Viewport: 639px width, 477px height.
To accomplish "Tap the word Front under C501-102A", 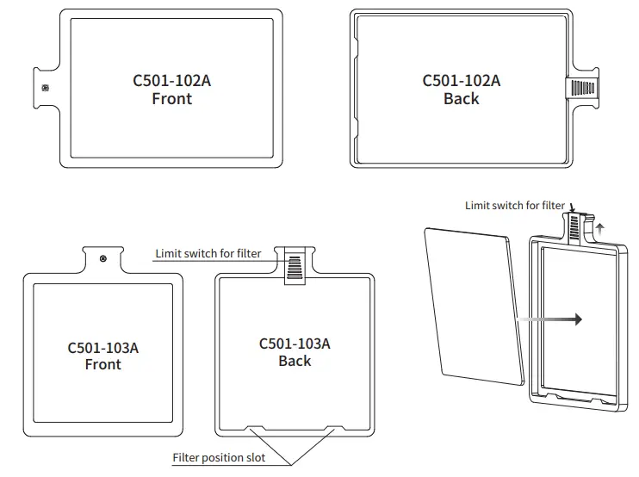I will [x=172, y=99].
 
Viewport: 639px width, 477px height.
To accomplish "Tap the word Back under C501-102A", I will [x=461, y=99].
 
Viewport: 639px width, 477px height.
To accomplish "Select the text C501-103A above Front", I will [x=103, y=348].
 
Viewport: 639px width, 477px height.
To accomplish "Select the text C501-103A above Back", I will [x=295, y=343].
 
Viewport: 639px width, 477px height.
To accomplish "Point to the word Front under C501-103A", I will [x=103, y=365].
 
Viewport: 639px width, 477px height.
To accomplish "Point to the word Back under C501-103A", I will [x=295, y=361].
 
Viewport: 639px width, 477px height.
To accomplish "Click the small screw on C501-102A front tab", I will [x=46, y=88].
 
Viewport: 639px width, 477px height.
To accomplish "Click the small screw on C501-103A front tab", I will [x=103, y=259].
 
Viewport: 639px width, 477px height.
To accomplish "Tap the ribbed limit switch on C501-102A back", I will [x=582, y=88].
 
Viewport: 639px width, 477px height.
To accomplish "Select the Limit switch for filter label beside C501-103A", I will [x=208, y=254].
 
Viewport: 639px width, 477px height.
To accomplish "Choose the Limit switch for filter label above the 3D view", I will [x=514, y=205].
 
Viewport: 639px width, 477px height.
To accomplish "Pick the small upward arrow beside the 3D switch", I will [x=600, y=226].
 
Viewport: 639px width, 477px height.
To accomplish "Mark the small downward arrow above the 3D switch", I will [x=571, y=208].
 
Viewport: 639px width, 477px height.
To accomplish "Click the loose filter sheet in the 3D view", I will [x=474, y=301].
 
